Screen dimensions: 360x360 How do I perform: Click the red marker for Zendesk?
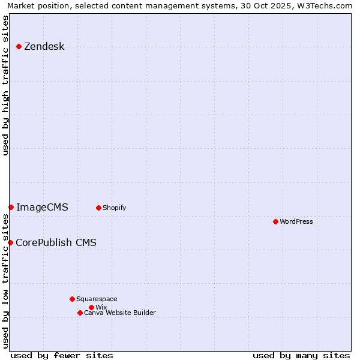(19, 46)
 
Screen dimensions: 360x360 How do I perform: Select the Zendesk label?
(44, 47)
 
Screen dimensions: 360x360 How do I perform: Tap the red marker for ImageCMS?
(11, 207)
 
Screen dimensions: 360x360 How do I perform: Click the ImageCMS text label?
(42, 208)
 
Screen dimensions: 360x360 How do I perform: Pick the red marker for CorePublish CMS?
(10, 242)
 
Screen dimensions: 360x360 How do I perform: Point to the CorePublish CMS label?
(56, 243)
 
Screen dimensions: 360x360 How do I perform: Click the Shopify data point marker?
(98, 208)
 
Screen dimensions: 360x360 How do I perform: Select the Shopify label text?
(114, 208)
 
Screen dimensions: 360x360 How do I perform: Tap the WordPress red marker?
(275, 221)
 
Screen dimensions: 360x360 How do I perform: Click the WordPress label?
(296, 222)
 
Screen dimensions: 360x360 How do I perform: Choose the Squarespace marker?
(72, 299)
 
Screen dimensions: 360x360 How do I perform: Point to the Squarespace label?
(97, 299)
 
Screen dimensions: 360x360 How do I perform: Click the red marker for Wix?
(91, 307)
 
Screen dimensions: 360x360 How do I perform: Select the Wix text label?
(101, 308)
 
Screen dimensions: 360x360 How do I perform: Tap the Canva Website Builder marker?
(80, 313)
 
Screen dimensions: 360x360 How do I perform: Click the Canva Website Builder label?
(119, 313)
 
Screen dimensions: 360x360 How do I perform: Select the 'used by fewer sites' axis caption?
(62, 355)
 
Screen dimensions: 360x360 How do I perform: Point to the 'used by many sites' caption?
(301, 355)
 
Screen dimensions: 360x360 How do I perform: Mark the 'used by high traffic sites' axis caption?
(5, 85)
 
